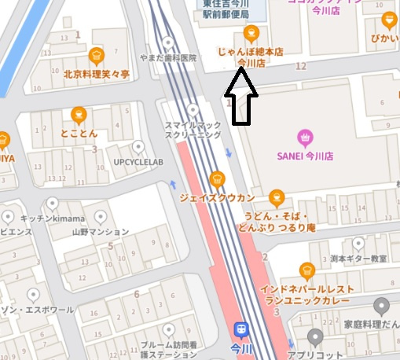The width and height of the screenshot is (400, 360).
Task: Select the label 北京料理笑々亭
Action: pyautogui.click(x=96, y=74)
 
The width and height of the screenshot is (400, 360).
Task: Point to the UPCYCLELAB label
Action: pyautogui.click(x=138, y=162)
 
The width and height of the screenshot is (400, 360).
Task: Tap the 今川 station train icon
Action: pyautogui.click(x=240, y=329)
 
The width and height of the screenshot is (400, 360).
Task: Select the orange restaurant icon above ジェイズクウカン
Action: pyautogui.click(x=218, y=178)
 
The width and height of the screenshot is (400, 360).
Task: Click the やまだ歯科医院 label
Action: pyautogui.click(x=167, y=58)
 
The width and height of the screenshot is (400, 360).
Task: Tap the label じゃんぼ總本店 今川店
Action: pyautogui.click(x=251, y=57)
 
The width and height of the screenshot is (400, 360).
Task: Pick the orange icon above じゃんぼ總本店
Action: pyautogui.click(x=251, y=32)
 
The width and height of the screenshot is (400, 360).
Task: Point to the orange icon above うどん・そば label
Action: pyautogui.click(x=276, y=197)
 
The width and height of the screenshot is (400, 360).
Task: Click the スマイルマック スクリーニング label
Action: pyautogui.click(x=193, y=130)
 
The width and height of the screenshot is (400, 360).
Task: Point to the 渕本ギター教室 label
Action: pyautogui.click(x=359, y=259)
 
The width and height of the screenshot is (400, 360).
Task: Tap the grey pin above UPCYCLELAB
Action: pyautogui.click(x=139, y=146)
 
